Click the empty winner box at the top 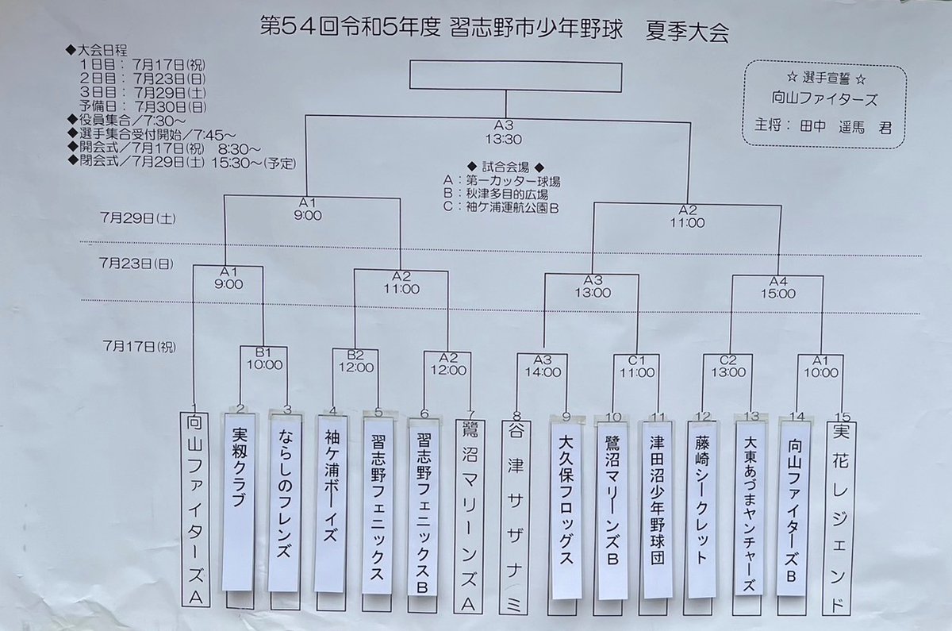[516, 76]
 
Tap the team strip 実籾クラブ [239, 502]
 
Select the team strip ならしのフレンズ [285, 502]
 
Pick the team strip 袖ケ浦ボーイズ [331, 504]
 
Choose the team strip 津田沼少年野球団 [657, 510]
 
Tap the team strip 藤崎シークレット [702, 510]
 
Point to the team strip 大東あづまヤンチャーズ [749, 508]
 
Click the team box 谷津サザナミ [516, 517]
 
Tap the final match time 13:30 [504, 139]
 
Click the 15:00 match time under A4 [778, 294]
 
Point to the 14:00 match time [543, 372]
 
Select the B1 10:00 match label [264, 359]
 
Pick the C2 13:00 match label [728, 366]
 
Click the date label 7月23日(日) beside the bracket [136, 264]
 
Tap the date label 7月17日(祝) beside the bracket [140, 347]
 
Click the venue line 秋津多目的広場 [496, 194]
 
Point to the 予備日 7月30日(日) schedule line [143, 106]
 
